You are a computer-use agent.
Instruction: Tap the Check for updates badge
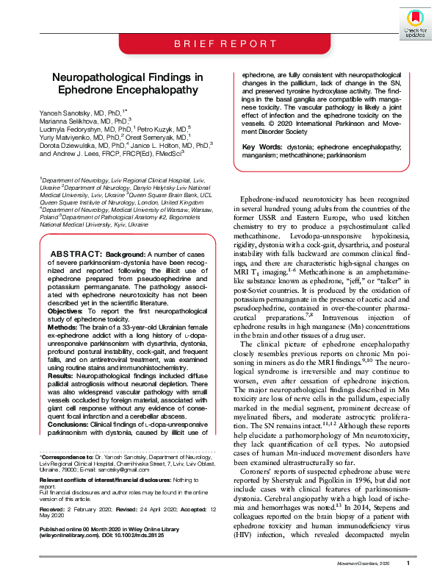click(x=415, y=21)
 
